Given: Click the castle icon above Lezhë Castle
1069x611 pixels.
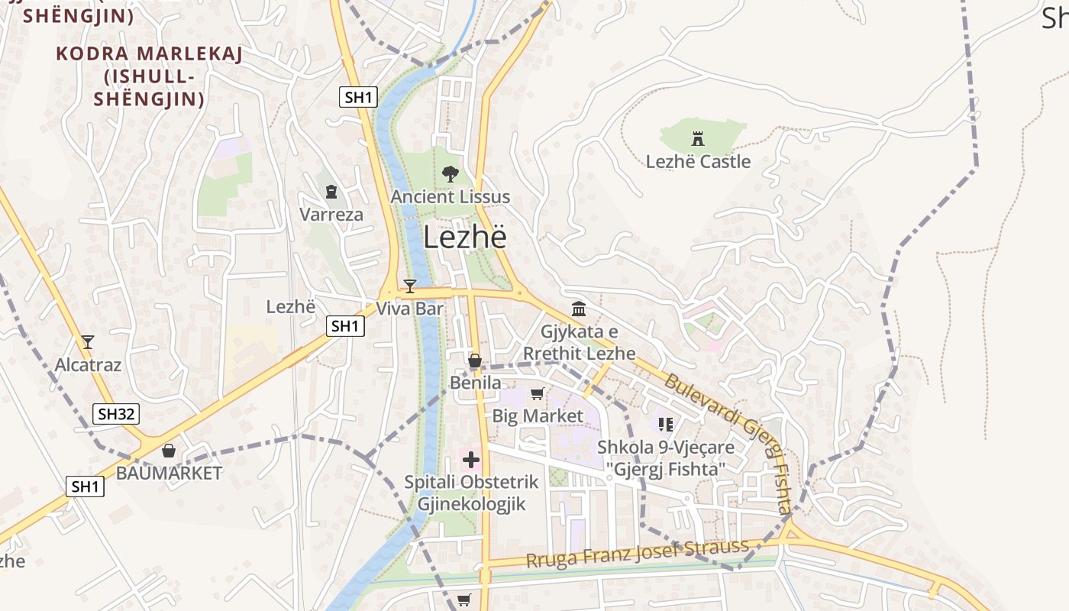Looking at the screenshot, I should (x=696, y=139).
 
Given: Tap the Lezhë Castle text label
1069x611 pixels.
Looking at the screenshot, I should (x=698, y=162).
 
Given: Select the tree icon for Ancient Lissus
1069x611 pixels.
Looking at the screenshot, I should (x=451, y=174).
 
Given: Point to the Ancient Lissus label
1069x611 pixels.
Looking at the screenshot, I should (x=451, y=197).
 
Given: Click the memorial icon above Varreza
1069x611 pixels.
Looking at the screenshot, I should (x=331, y=191).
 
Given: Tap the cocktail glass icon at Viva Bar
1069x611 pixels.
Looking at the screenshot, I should (x=410, y=286).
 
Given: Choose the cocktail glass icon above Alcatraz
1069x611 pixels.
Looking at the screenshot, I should (x=88, y=342).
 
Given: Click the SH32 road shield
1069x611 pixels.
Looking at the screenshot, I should (x=116, y=414).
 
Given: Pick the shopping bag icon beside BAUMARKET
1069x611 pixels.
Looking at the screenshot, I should (x=169, y=451).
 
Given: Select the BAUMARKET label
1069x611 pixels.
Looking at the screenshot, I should (x=169, y=474).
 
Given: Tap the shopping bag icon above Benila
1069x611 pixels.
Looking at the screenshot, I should (x=475, y=360).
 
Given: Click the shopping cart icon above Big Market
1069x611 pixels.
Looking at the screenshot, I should (x=537, y=394).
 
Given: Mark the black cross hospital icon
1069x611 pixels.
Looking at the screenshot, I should (x=471, y=460).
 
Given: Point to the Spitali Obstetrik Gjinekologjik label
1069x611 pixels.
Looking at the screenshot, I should (x=471, y=493).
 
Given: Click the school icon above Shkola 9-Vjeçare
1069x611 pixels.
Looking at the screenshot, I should (x=665, y=424).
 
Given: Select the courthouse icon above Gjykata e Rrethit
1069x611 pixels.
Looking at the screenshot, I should (x=579, y=309).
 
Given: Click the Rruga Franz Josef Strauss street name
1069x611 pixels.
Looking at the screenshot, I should (x=638, y=553).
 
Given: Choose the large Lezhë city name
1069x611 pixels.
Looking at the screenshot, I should (x=464, y=238).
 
